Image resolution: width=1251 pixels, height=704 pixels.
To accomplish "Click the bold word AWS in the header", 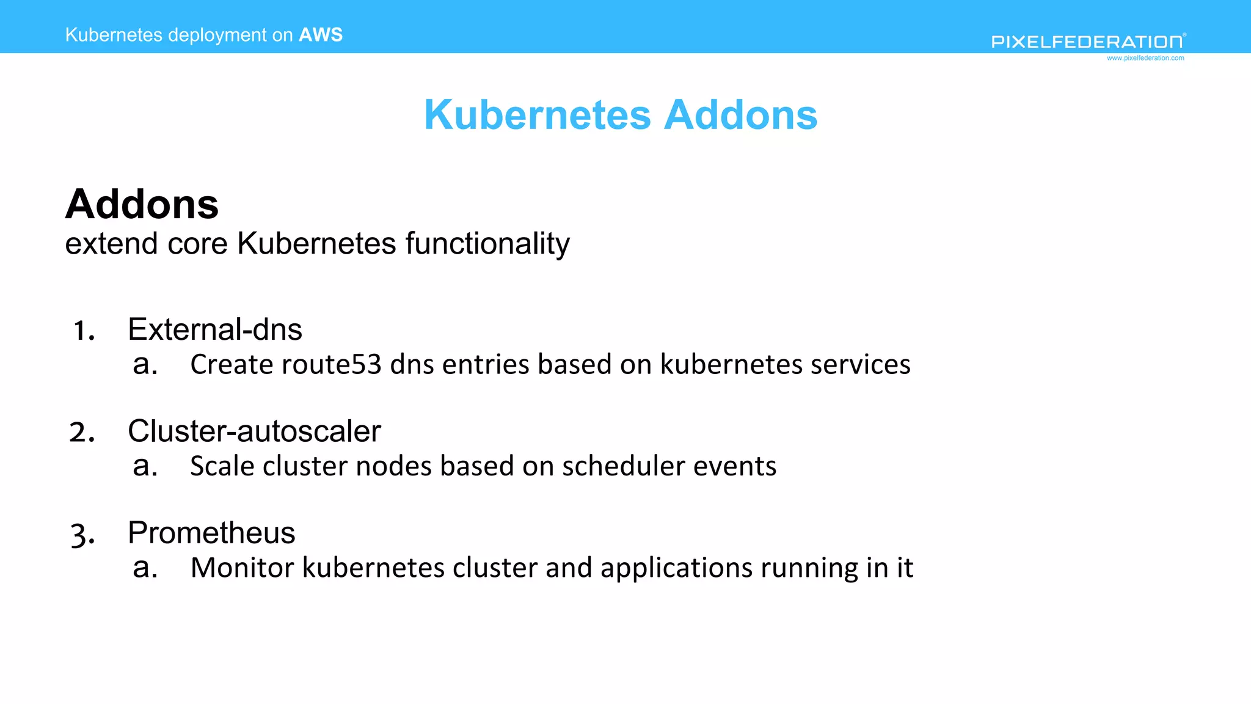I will [320, 35].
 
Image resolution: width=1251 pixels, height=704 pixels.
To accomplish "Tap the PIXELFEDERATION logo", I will [1087, 42].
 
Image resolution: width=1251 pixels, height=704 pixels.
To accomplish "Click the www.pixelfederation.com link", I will [1145, 58].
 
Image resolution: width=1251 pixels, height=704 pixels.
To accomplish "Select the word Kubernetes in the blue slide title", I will [538, 115].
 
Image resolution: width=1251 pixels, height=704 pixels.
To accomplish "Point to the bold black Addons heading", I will [142, 204].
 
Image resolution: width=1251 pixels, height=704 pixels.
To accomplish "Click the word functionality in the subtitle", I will [487, 244].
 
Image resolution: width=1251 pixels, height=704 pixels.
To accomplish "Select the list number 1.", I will [84, 331].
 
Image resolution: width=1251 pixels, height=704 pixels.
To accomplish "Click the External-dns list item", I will [215, 329].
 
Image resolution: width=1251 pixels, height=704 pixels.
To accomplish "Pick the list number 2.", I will [82, 433].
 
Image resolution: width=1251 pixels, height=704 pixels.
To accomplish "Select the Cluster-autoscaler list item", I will [254, 431].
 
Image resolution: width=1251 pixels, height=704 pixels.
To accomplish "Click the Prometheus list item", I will [211, 533].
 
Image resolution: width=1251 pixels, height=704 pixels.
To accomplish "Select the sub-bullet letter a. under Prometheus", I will [145, 568].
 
